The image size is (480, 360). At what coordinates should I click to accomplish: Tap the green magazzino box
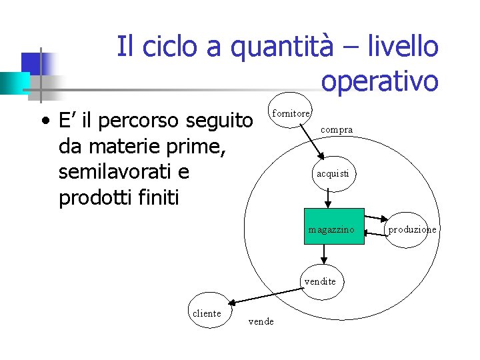coord(334,227)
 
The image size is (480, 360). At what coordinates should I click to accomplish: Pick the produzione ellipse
coord(412,229)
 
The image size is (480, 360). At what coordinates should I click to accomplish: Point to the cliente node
coord(207,314)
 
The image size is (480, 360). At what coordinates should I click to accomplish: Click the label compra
coord(337,130)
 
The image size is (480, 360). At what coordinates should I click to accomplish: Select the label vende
coord(261,322)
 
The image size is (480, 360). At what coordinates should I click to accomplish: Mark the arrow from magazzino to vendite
coord(323,254)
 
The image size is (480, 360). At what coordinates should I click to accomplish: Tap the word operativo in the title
coord(379,81)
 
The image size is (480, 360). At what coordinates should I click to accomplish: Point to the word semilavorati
coord(124,173)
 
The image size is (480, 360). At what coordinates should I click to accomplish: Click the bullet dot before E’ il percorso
coord(43,122)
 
